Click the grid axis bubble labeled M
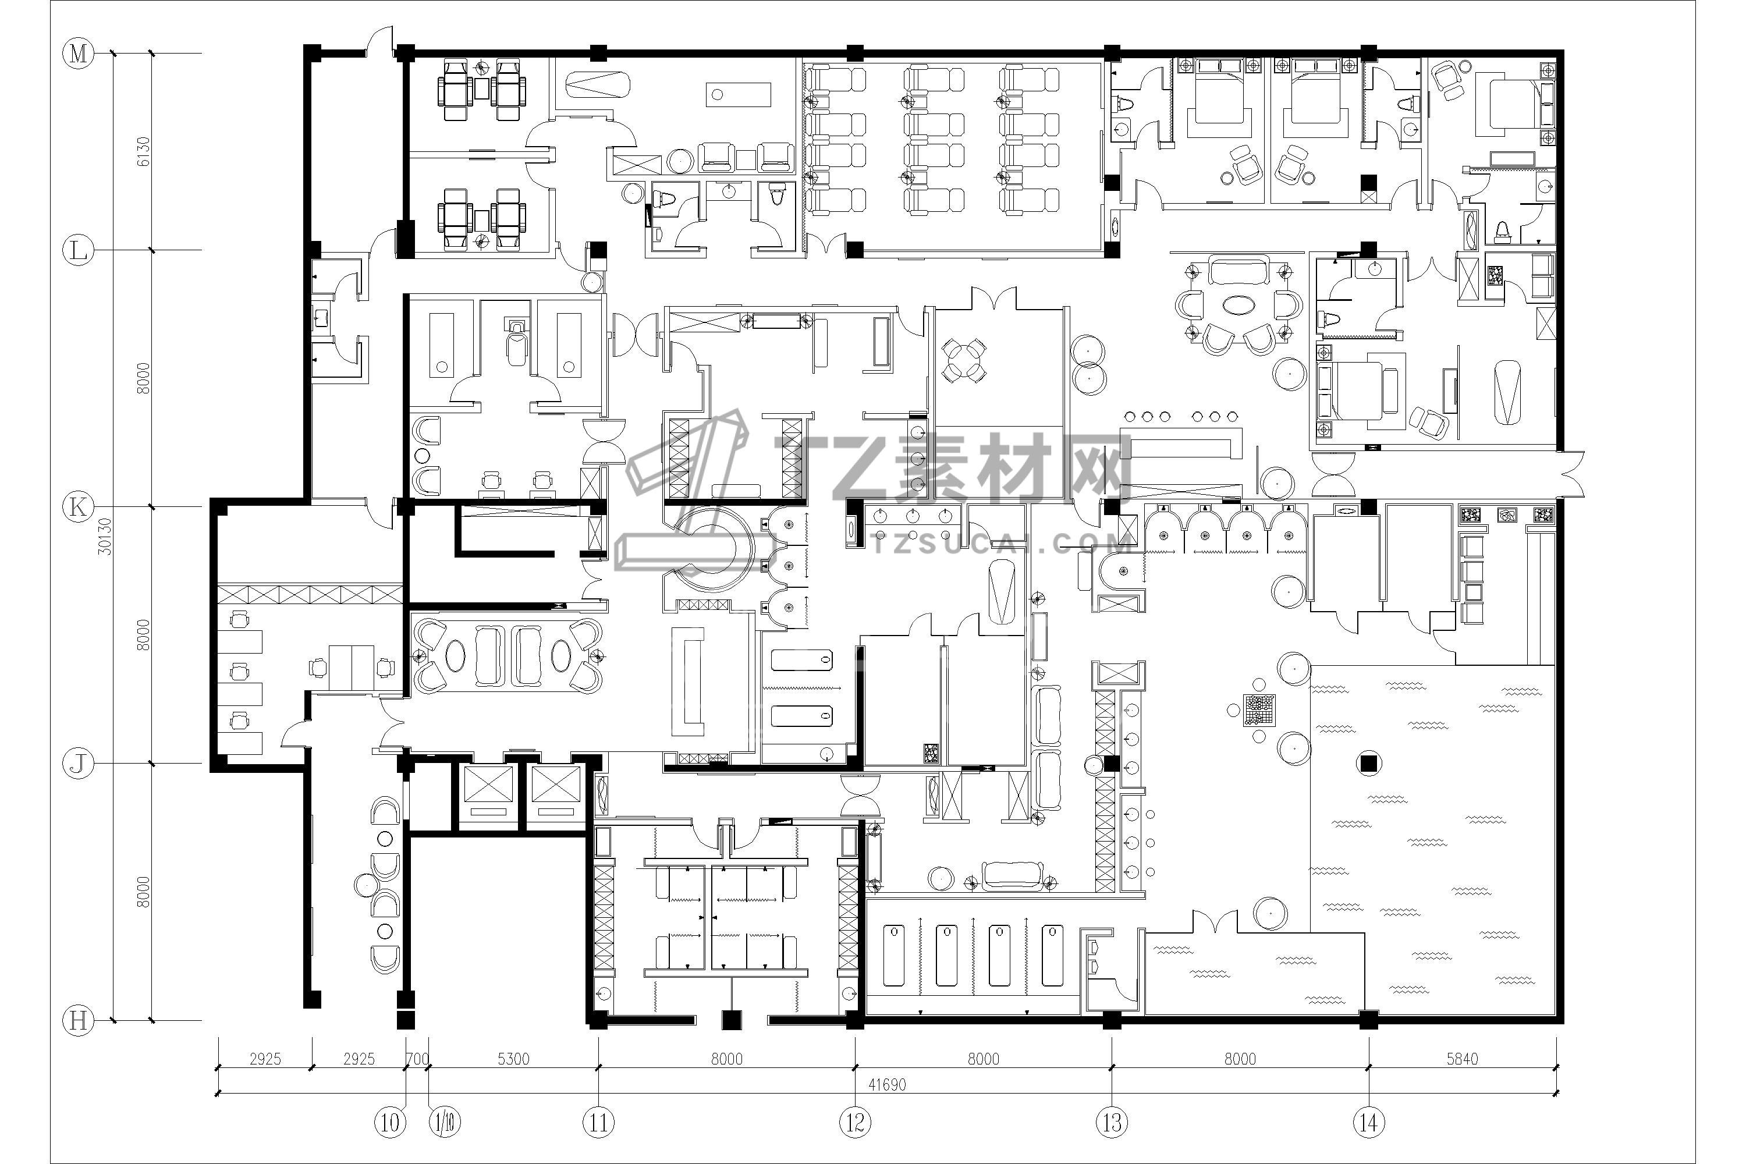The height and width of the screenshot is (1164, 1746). click(78, 54)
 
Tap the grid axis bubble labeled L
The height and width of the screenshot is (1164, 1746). click(78, 251)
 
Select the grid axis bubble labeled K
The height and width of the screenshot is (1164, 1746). click(78, 507)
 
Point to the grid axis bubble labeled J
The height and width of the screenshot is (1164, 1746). click(78, 763)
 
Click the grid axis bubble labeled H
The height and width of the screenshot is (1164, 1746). click(78, 1021)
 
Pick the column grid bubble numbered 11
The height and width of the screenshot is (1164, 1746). click(598, 1123)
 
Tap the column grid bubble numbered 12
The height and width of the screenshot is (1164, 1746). click(855, 1123)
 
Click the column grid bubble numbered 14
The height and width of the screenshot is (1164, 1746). click(1369, 1123)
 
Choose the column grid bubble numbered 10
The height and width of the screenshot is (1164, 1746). click(391, 1123)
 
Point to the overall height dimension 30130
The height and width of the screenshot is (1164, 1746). click(105, 536)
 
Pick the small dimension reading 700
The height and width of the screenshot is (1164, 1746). click(418, 1059)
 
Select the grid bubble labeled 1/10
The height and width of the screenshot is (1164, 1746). click(445, 1123)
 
